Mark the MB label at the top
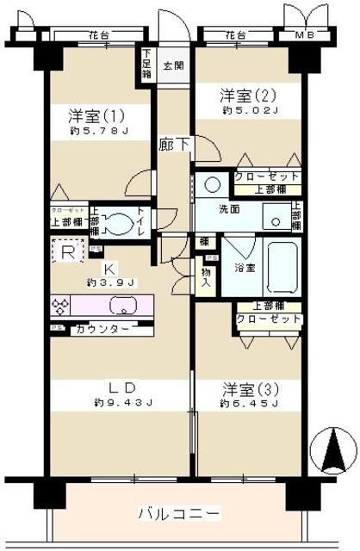[x=305, y=36]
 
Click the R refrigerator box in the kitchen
[x=67, y=252]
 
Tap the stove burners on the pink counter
[x=63, y=306]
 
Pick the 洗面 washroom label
[x=229, y=208]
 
